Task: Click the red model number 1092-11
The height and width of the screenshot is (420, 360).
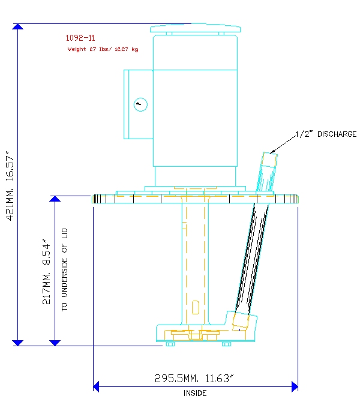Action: coord(80,38)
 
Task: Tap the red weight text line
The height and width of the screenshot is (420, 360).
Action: coord(103,49)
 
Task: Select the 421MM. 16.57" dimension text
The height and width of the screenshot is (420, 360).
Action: coord(10,186)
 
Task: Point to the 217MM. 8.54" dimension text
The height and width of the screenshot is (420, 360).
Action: coord(46,272)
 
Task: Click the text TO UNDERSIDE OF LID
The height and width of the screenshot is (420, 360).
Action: coord(65,270)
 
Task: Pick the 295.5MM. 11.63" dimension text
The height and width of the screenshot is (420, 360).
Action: coord(194,378)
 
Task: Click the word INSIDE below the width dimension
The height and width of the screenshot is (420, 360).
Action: coord(195,393)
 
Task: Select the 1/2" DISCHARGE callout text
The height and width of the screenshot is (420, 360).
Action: coord(326,134)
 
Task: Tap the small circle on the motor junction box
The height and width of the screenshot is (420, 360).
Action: coord(140,104)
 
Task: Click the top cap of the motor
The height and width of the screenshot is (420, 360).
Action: coord(195,28)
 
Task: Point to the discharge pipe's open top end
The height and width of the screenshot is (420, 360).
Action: coord(270,154)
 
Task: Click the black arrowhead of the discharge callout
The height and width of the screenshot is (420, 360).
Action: coord(272,152)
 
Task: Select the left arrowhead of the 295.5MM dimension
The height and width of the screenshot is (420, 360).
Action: coord(96,386)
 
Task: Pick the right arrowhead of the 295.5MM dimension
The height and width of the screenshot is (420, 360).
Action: coord(295,386)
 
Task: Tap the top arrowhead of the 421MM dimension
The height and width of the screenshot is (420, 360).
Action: coord(17,26)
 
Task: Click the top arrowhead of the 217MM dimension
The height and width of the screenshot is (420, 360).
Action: coord(55,199)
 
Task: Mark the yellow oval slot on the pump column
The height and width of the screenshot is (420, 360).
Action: coord(196,307)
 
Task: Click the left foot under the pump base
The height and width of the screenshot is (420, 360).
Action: coord(170,344)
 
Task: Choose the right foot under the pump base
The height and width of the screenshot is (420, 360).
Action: coord(226,344)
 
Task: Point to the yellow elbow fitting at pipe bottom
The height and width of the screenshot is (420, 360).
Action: coord(241,320)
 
